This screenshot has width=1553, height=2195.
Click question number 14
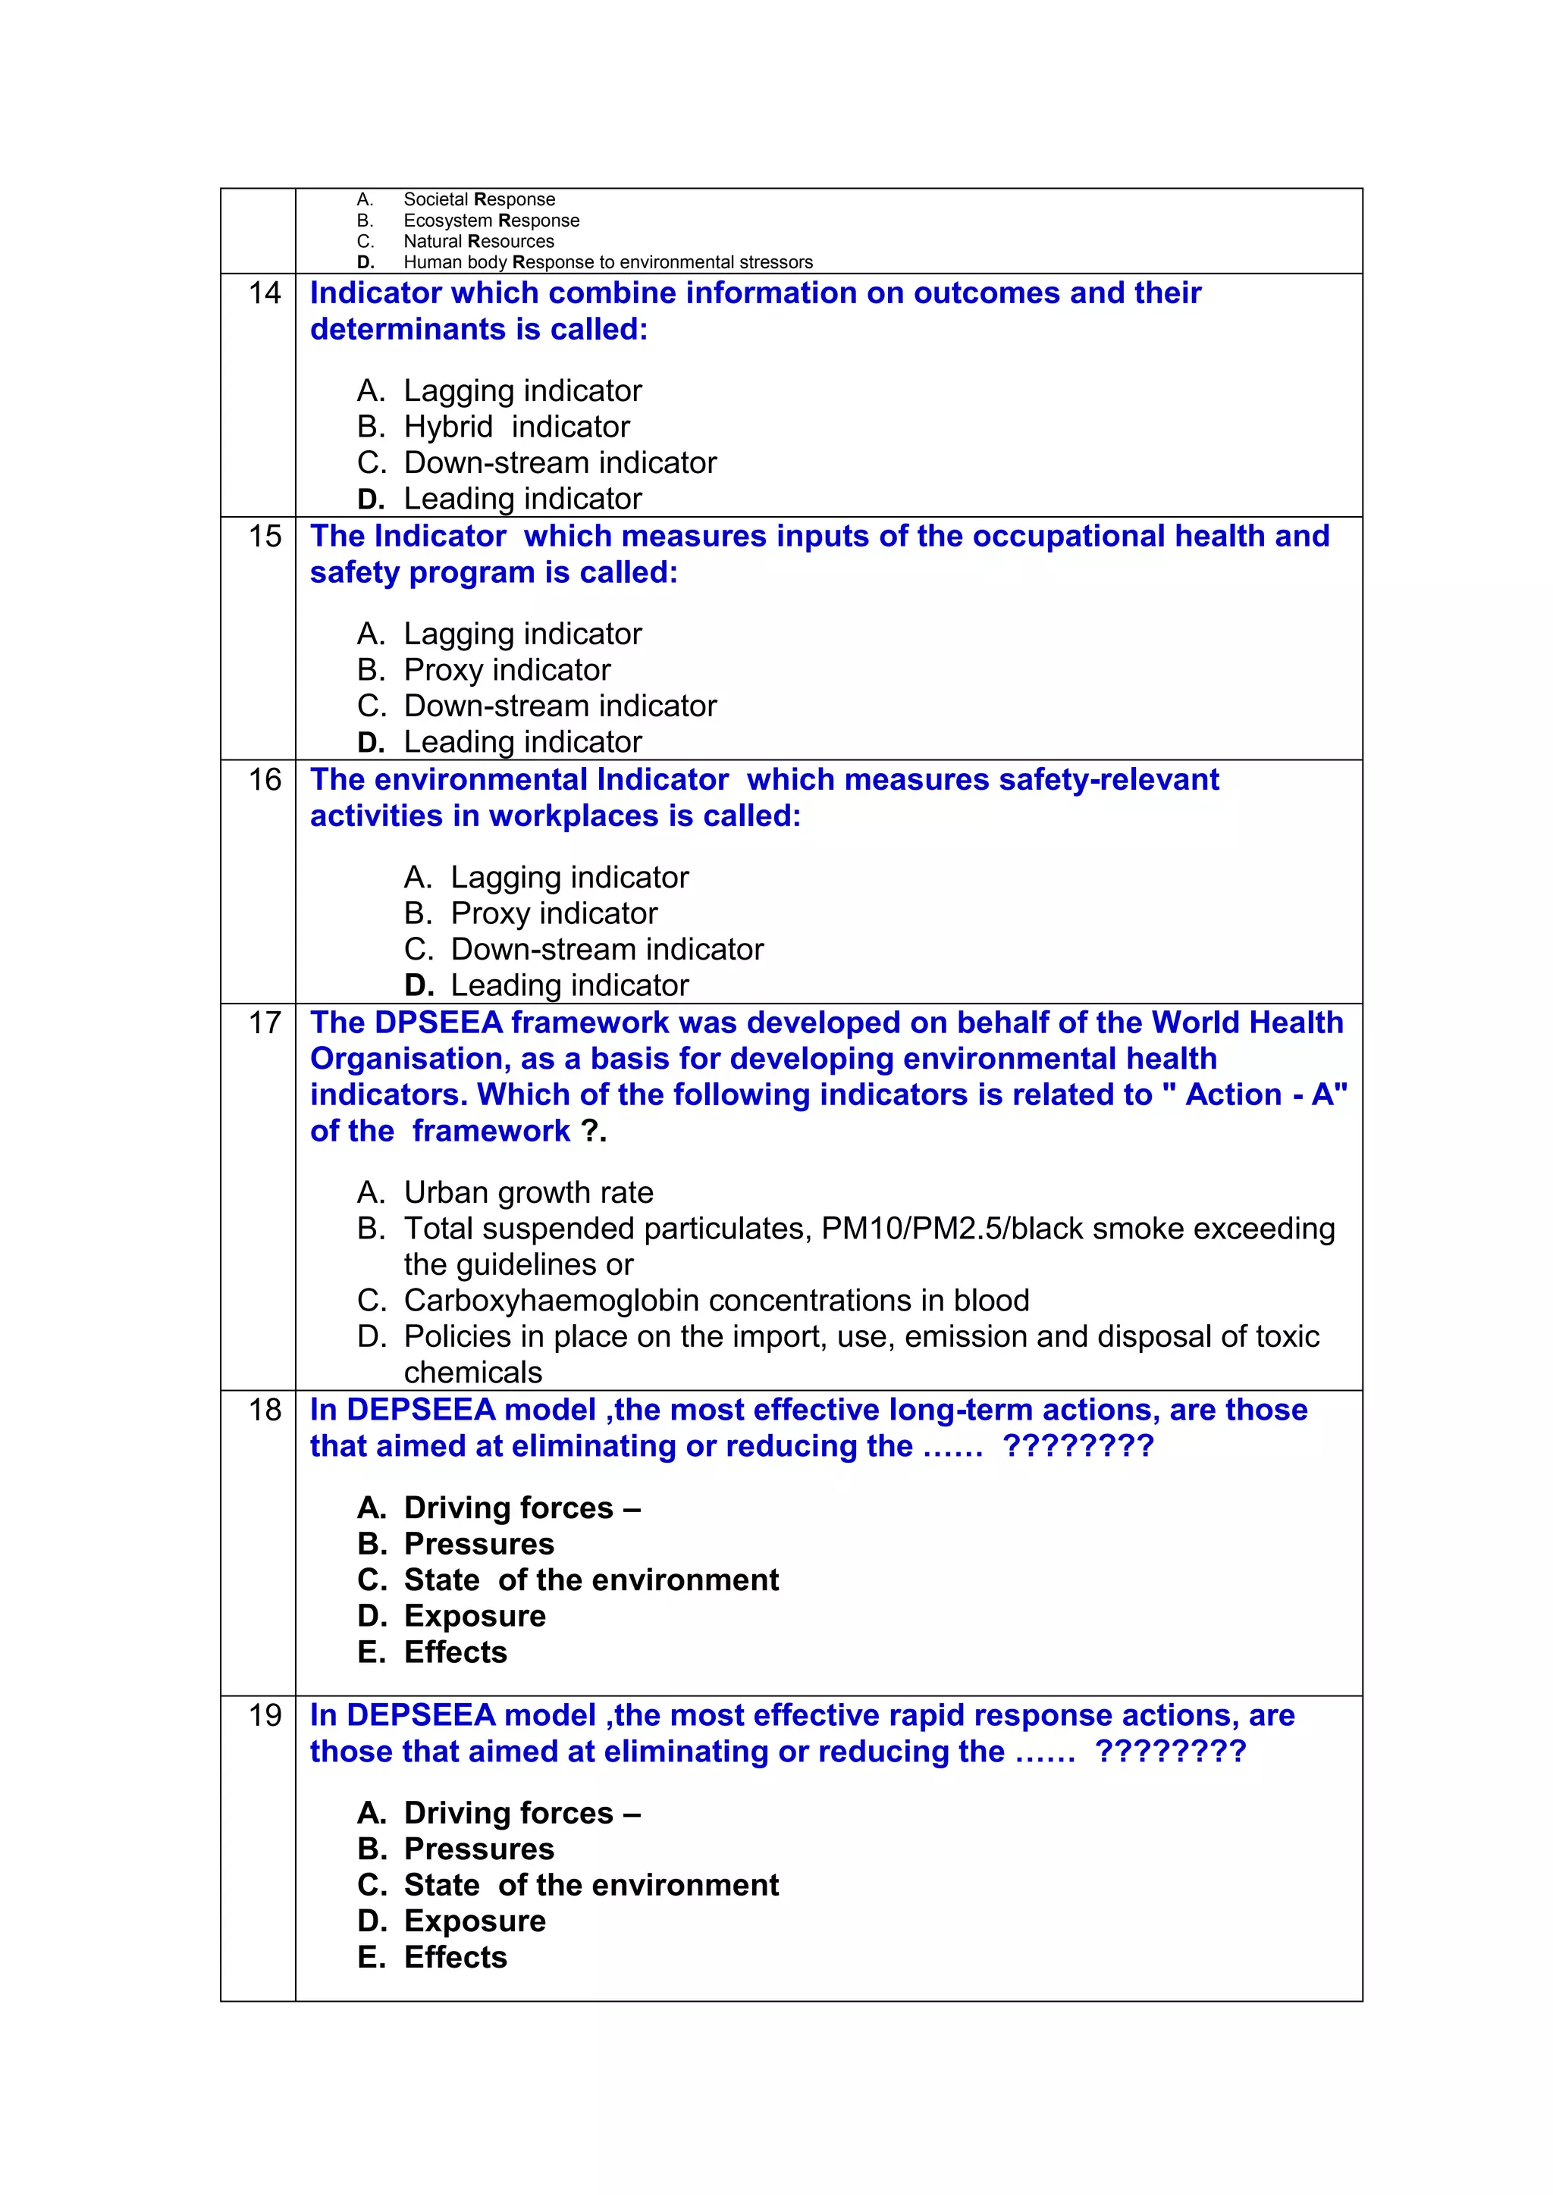(265, 293)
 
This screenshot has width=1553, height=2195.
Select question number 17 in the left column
(265, 1023)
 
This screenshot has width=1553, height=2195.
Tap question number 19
(265, 1715)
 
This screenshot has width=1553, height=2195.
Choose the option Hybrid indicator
(516, 427)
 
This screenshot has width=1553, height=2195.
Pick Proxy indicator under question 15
(506, 670)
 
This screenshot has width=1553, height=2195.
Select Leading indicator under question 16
(569, 985)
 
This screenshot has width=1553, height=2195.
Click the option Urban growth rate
(528, 1193)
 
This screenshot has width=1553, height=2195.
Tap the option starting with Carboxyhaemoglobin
(715, 1301)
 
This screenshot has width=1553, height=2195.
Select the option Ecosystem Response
(491, 221)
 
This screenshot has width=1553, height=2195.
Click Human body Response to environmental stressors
(607, 263)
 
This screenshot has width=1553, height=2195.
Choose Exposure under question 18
(474, 1617)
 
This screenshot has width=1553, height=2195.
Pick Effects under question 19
(455, 1958)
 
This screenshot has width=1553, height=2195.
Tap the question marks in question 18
(1078, 1446)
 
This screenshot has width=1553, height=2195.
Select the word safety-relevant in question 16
(1109, 780)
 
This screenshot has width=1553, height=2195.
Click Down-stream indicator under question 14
(560, 462)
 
